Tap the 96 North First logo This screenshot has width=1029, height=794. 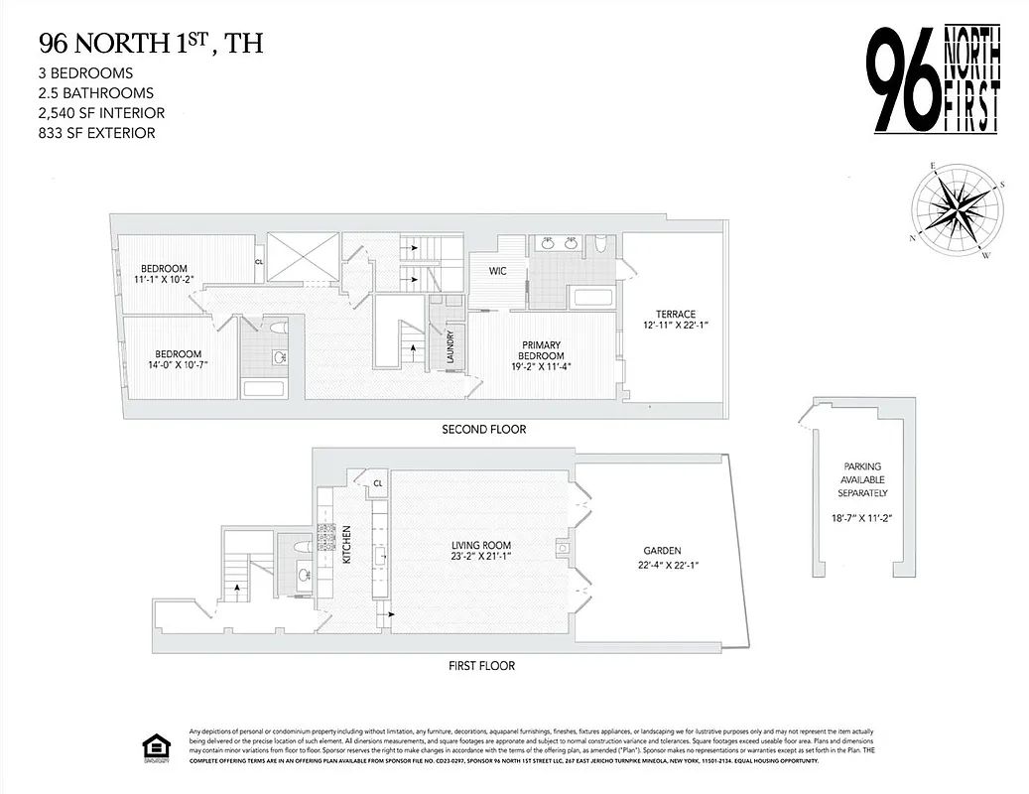(934, 79)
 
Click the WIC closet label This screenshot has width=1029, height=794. (498, 271)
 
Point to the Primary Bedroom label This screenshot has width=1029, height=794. (543, 350)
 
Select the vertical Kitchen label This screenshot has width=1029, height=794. (347, 545)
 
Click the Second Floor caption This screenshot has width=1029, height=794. (484, 430)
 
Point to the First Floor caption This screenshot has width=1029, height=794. (482, 666)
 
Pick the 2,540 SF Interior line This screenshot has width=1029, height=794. (101, 113)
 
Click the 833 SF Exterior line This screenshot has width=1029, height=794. (97, 133)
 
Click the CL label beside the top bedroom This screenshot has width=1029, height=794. (259, 262)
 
